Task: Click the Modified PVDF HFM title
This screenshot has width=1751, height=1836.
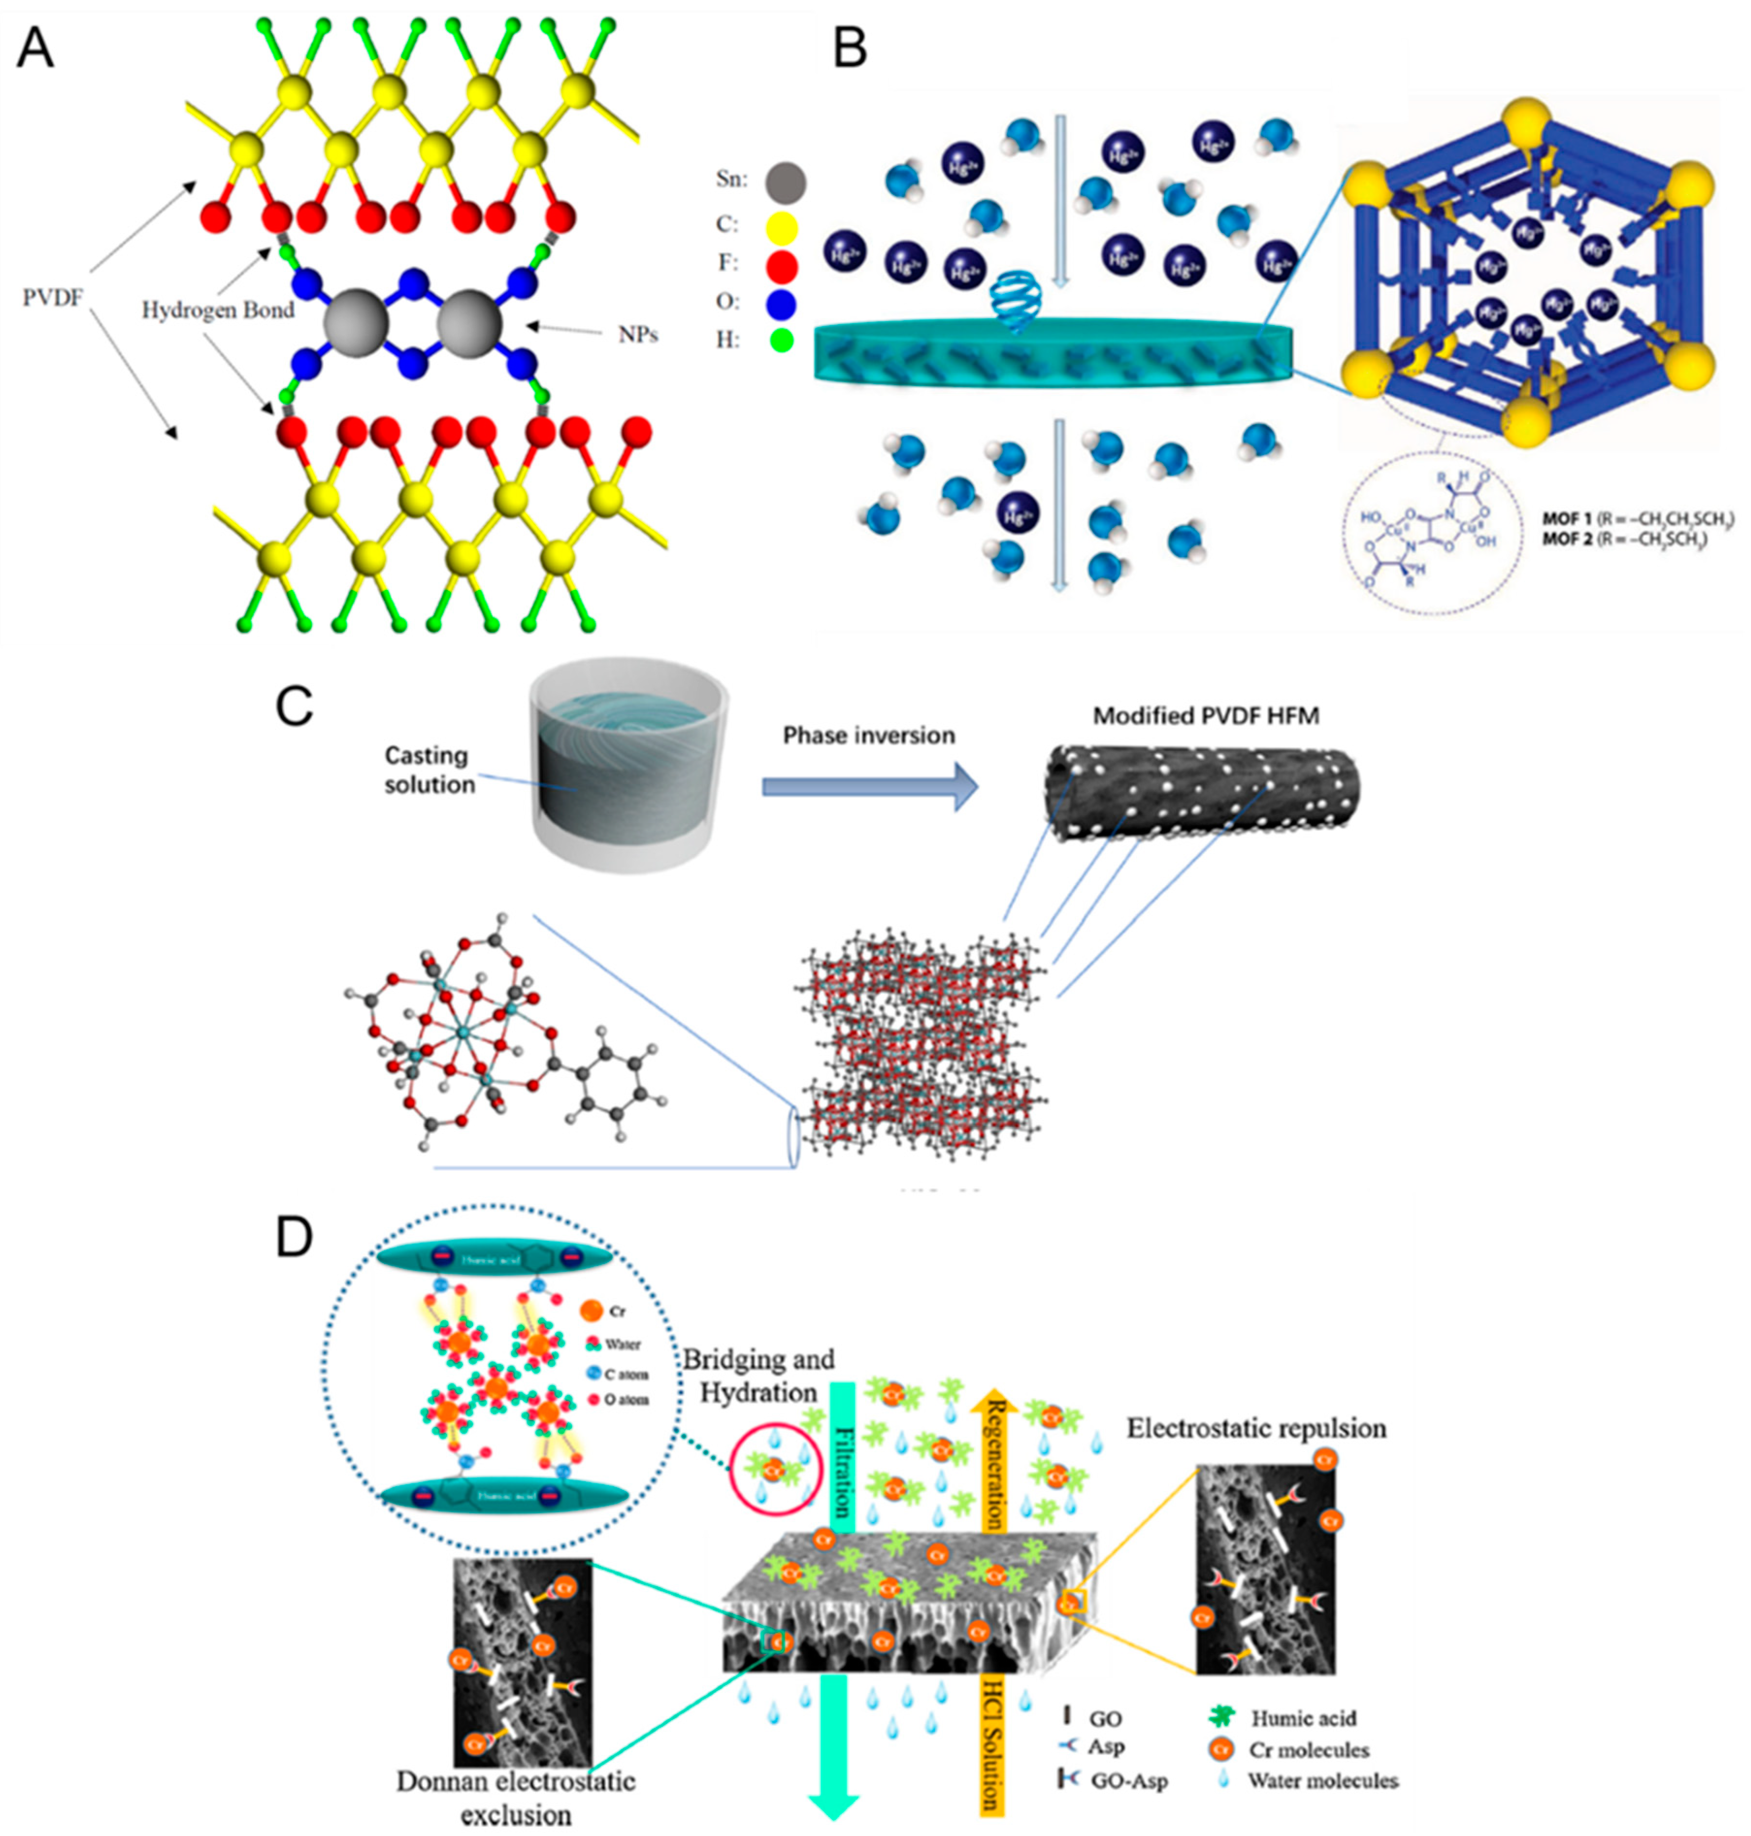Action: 1206,716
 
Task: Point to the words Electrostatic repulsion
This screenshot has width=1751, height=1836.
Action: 1256,1428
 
